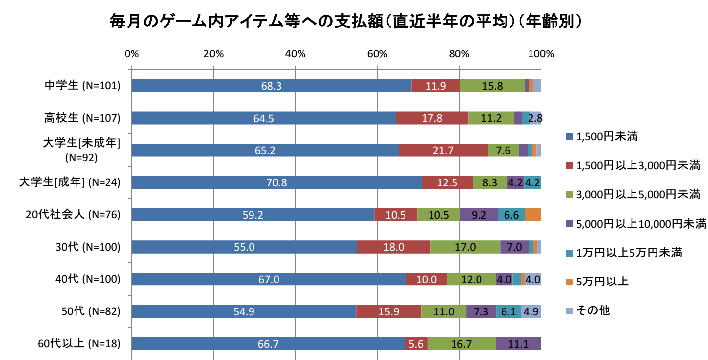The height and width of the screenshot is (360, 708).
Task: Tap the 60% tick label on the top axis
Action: tap(377, 54)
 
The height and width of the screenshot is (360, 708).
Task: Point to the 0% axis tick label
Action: tap(131, 54)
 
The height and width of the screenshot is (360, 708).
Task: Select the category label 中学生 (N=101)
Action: tap(82, 86)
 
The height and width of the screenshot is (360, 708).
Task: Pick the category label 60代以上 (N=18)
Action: tap(79, 344)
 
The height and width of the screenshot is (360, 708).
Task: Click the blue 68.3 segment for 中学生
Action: tap(271, 86)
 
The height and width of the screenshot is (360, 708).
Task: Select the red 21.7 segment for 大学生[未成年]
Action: tap(443, 151)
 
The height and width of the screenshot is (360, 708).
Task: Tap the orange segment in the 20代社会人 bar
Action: tap(533, 215)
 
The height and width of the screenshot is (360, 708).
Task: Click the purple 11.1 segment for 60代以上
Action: tap(518, 344)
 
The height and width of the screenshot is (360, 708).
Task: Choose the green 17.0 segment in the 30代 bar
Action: tap(465, 247)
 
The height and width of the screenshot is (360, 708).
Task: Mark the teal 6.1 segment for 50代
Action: tap(508, 311)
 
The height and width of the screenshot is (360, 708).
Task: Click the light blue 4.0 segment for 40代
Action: tap(532, 280)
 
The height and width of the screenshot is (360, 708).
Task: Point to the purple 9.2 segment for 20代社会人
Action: tap(479, 215)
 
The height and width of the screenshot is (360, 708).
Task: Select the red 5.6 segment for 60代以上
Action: tap(416, 344)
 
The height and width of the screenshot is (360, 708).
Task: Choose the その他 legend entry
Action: tap(593, 310)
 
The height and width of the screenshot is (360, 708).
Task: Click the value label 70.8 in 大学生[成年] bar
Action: tap(277, 183)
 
